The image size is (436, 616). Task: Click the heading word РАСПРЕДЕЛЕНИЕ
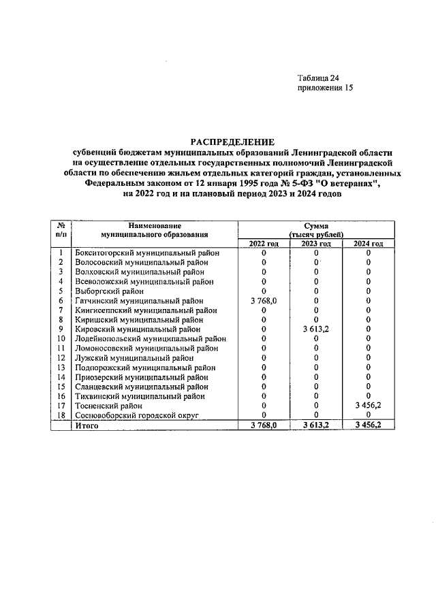232,142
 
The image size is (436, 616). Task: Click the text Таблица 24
318,77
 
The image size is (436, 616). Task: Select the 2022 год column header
264,244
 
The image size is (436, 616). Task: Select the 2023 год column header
316,244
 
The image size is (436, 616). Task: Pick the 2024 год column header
368,244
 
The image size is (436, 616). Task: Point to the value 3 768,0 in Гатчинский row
264,300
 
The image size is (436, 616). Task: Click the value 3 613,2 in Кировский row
316,329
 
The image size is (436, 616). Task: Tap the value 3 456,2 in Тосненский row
368,405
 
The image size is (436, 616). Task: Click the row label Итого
87,425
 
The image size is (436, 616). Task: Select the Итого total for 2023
316,425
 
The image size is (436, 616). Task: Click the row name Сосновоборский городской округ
135,415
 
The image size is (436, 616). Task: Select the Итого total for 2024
368,425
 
